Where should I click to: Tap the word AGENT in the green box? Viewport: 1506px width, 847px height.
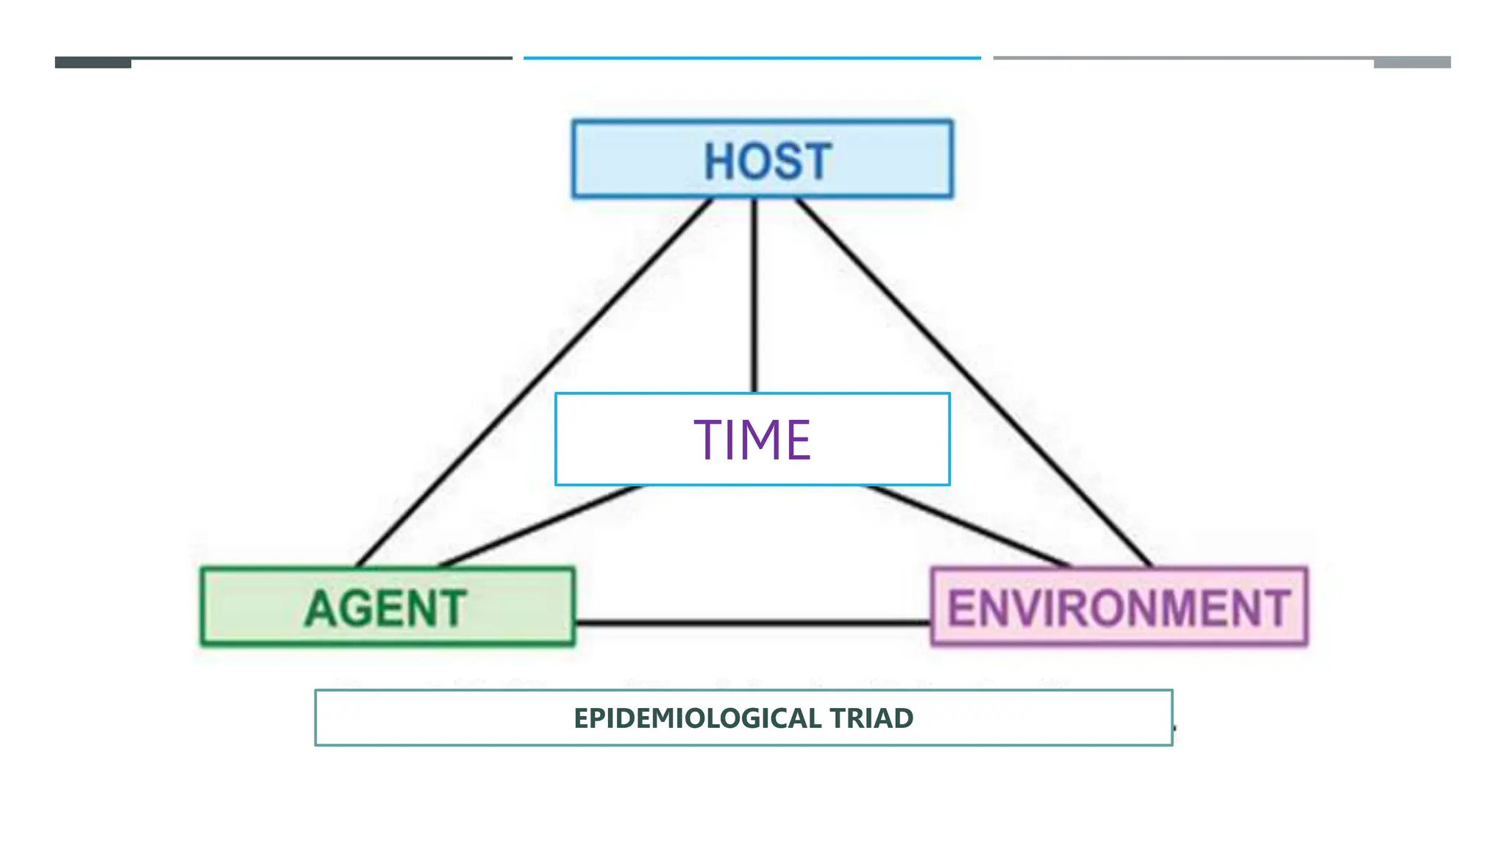pos(385,609)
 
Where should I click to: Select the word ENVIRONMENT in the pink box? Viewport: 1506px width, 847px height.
pos(1118,609)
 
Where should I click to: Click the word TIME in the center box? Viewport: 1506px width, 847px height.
pos(752,440)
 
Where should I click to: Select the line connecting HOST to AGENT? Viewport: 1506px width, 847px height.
pos(533,382)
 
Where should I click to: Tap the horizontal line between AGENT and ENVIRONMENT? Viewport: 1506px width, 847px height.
pos(752,623)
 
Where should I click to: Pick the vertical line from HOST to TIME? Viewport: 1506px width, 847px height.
pos(754,294)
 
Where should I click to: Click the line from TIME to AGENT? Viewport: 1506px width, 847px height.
pos(540,526)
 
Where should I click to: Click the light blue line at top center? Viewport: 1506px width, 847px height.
pos(752,57)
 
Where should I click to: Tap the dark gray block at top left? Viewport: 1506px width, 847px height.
pos(93,63)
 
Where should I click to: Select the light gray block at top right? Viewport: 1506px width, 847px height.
pos(1412,63)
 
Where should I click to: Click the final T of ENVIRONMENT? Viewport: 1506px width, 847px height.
pos(1276,609)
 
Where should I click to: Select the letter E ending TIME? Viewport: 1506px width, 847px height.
pos(797,440)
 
